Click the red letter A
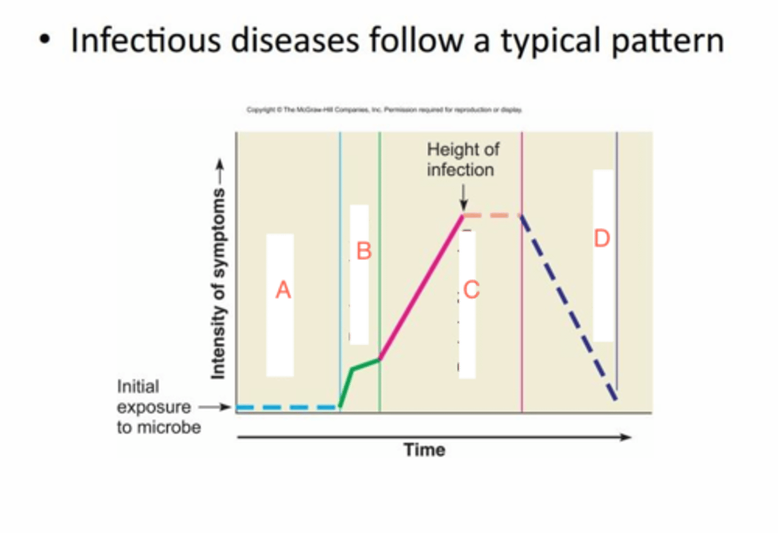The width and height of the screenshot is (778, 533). [283, 291]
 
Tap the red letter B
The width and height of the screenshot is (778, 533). [363, 251]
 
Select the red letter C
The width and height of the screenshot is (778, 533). [470, 289]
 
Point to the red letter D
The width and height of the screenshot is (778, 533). [602, 238]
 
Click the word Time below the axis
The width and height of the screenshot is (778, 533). [425, 449]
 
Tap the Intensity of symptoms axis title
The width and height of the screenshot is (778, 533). [218, 284]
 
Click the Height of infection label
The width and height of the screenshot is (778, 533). [462, 159]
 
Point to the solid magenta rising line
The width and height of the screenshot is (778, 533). [421, 286]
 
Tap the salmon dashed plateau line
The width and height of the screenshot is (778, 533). [492, 215]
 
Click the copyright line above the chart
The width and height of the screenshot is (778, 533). [384, 110]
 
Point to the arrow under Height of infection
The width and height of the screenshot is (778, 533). [463, 198]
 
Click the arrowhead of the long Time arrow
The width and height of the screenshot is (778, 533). [626, 437]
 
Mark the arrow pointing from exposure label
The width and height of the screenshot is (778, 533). [215, 407]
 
